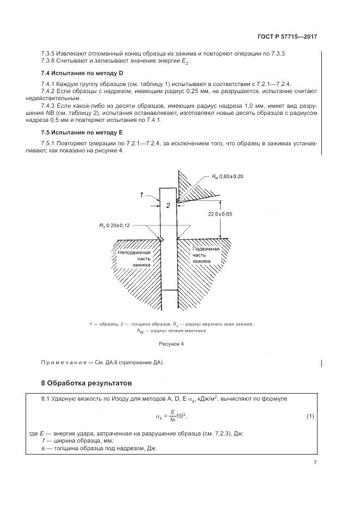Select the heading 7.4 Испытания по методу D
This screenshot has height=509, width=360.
78,73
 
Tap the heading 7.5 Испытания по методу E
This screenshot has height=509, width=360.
78,133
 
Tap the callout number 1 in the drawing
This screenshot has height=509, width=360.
141,194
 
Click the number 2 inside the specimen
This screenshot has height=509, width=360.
168,205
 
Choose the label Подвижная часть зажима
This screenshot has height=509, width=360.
205,255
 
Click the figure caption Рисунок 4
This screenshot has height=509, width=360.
172,344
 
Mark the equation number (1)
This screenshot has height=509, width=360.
310,416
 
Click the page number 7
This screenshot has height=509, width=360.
315,462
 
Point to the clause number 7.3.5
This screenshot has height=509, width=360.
49,53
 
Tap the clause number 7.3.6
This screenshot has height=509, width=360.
49,61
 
